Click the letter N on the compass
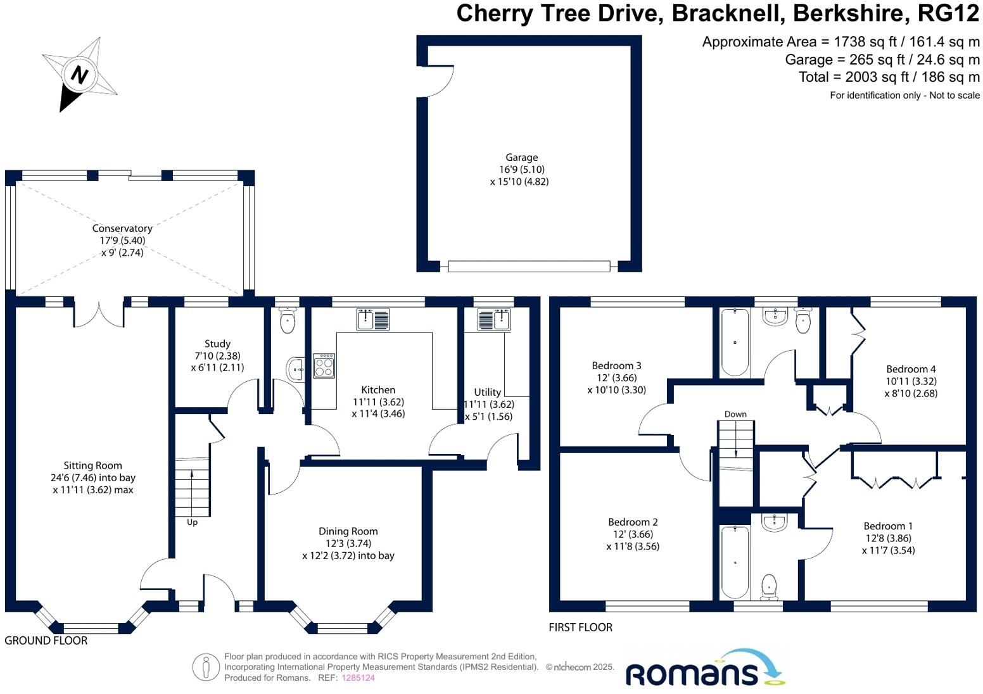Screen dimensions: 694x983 [x=79, y=75]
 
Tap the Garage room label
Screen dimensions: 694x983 [x=521, y=158]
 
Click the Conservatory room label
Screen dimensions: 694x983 [x=122, y=229]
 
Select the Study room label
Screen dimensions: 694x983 [x=217, y=344]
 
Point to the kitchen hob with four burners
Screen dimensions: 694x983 [x=324, y=365]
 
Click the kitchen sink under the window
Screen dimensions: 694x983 [x=373, y=319]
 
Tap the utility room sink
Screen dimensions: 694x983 [x=494, y=320]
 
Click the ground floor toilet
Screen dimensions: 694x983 [x=288, y=321]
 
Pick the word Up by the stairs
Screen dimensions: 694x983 [x=192, y=522]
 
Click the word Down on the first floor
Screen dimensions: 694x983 [x=735, y=414]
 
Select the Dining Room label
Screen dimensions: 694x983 [x=348, y=532]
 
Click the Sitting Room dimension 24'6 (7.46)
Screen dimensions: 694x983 [x=92, y=478]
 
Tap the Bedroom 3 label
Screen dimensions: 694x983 [x=616, y=366]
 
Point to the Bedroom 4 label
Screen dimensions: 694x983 [x=911, y=369]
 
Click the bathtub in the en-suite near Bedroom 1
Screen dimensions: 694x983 [x=735, y=562]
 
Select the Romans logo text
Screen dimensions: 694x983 [x=692, y=674]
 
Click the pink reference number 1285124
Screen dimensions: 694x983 [x=358, y=678]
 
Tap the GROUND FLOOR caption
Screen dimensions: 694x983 [x=46, y=641]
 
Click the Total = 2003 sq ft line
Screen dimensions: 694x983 [x=889, y=77]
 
